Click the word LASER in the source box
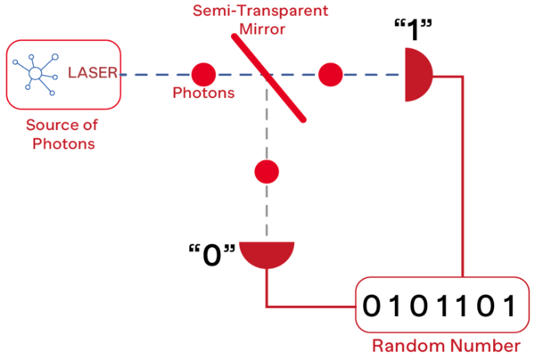[x=93, y=73]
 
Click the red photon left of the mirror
[x=203, y=75]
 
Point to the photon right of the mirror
[x=331, y=75]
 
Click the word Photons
[x=202, y=93]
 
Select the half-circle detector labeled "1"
[x=417, y=75]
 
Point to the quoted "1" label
[x=412, y=29]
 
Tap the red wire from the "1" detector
[x=463, y=178]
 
